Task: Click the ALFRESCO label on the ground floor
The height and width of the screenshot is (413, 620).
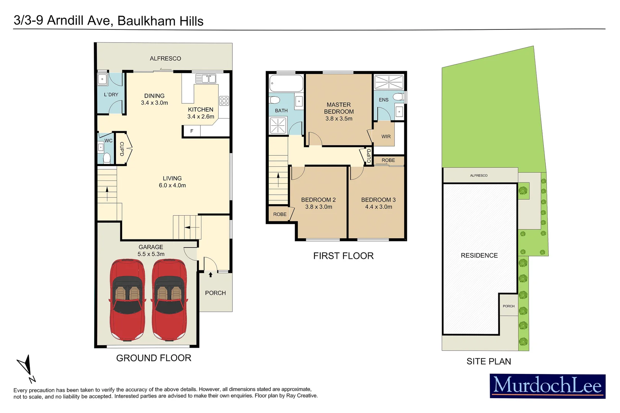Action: coord(165,59)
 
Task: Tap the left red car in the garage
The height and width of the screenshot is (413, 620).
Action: coord(127,300)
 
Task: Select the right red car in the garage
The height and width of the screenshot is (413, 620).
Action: coord(170,300)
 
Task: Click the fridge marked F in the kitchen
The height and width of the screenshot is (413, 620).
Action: coord(192,131)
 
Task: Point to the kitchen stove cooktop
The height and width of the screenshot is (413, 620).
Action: coord(224,101)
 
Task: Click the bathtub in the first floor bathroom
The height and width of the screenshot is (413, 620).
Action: coord(286,83)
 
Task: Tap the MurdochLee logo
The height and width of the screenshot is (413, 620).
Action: coord(547,386)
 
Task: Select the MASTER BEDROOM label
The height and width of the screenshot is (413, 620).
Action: coord(339,108)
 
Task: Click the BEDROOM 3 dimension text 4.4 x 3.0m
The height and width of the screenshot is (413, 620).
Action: coord(379,207)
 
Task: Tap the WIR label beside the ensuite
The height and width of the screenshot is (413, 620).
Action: coord(386,137)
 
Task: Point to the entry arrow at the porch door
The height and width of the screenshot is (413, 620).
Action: coord(210,275)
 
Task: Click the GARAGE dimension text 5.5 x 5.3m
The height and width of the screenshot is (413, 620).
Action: coord(151,254)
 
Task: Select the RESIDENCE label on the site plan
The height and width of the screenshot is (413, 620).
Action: coord(479,255)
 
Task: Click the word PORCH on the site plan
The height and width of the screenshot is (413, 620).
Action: coord(509,306)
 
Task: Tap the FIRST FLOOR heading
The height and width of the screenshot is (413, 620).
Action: coord(343,256)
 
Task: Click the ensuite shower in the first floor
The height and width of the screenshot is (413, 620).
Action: coord(389,82)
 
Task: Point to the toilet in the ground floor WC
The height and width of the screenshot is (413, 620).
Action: coord(107,158)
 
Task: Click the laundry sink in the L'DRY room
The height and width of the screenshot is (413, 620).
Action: coord(102,79)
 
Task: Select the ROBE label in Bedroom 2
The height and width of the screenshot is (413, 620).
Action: coord(280,214)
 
